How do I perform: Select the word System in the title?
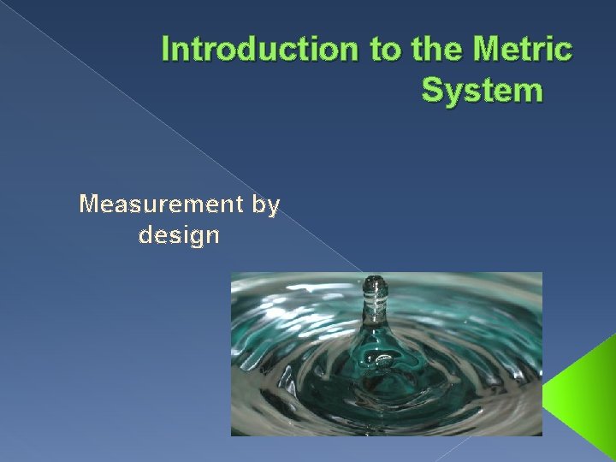[482, 89]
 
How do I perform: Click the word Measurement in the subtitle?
[148, 204]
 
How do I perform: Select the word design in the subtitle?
[179, 235]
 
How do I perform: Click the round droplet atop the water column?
[374, 283]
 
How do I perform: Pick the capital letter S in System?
[432, 89]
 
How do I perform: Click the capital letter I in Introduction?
[166, 50]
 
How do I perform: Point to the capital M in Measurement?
[88, 204]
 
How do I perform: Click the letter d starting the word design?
[145, 234]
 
